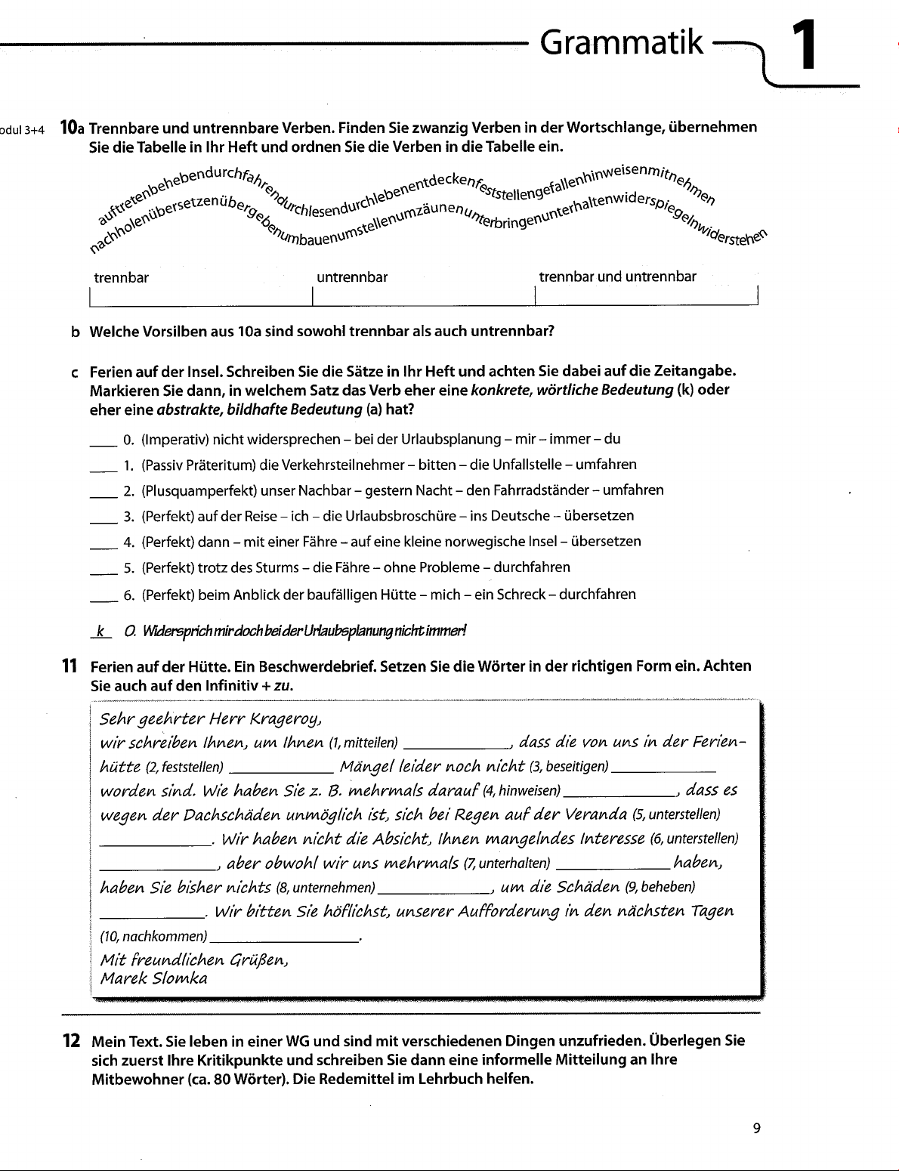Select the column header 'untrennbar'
352,277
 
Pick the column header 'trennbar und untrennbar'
617,277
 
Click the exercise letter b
74,332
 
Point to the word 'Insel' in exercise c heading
202,372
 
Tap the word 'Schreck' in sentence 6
521,595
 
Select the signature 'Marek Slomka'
154,978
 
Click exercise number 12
70,1041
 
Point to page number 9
756,1129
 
